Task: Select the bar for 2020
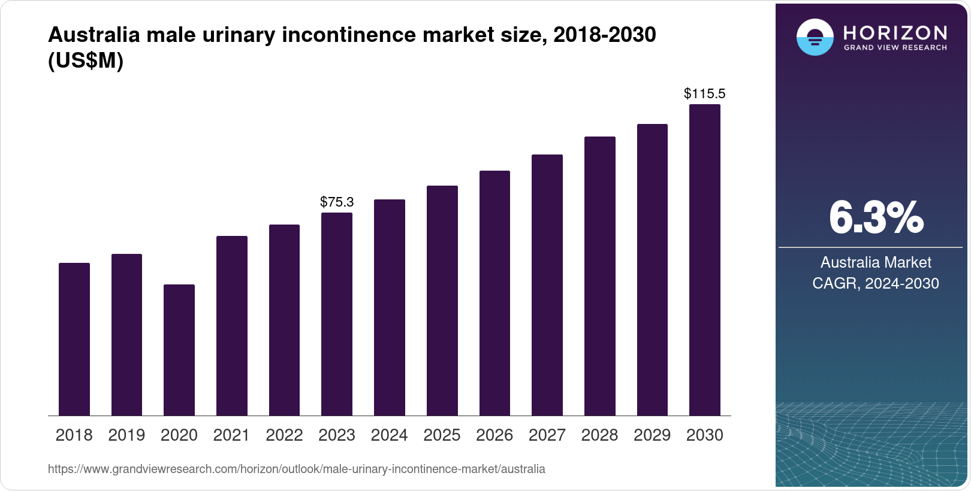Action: point(179,350)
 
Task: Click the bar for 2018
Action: point(74,340)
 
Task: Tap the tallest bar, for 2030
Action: point(704,260)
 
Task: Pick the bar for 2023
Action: point(336,314)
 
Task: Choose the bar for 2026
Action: point(494,293)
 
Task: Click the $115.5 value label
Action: point(704,93)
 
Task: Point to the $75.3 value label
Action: point(336,202)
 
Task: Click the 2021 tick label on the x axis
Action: point(231,435)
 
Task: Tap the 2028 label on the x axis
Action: point(599,435)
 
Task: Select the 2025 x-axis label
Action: point(442,435)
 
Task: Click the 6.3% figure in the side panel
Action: point(876,218)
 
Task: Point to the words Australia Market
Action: point(876,262)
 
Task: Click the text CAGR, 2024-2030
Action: point(876,283)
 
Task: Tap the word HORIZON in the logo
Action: point(895,32)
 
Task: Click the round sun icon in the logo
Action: point(815,37)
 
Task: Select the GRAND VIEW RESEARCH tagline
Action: point(895,48)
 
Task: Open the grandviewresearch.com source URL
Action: point(296,469)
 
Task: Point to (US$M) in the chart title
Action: point(85,60)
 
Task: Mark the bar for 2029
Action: point(652,270)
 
